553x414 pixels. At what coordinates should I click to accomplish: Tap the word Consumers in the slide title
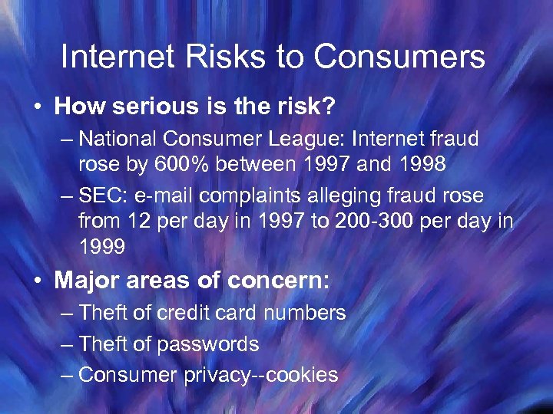pyautogui.click(x=400, y=58)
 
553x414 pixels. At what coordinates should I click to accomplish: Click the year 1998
pyautogui.click(x=417, y=164)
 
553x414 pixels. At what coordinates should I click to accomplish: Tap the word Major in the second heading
pyautogui.click(x=84, y=280)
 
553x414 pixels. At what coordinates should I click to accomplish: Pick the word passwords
pyautogui.click(x=208, y=344)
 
